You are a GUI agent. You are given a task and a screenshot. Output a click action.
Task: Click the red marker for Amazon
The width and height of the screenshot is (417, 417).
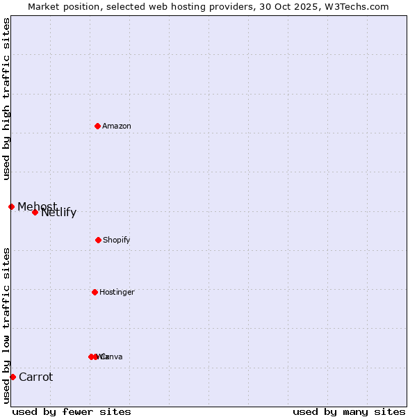(x=97, y=126)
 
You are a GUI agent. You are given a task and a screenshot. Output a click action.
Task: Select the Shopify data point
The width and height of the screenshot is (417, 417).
(x=98, y=240)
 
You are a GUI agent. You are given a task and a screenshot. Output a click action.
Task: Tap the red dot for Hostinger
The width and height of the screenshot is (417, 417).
(x=95, y=292)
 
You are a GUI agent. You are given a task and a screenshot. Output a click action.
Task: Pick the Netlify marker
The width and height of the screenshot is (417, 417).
(x=35, y=212)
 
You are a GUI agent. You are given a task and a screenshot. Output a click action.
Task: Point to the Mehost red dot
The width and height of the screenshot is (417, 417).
(x=11, y=206)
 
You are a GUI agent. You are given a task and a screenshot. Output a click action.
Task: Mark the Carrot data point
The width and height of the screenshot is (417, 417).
(x=13, y=377)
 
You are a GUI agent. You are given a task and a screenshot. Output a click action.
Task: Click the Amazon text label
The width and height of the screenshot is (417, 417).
(x=117, y=126)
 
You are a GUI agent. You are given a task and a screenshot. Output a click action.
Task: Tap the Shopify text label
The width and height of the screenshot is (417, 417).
(x=117, y=240)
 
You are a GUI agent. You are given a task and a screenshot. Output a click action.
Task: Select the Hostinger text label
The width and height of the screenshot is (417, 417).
(x=117, y=292)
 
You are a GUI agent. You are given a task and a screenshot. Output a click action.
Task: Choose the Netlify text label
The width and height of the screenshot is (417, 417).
(x=59, y=213)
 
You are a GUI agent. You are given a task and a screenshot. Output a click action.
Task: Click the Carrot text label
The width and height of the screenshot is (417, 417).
(x=35, y=377)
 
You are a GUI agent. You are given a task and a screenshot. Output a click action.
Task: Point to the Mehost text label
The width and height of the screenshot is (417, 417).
(x=38, y=206)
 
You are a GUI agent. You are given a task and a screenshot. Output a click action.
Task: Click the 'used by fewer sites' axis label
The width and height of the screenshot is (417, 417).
(x=72, y=411)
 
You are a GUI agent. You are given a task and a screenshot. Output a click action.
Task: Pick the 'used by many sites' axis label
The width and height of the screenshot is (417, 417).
(x=349, y=411)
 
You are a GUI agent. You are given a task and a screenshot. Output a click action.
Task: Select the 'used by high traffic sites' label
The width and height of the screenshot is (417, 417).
(x=6, y=99)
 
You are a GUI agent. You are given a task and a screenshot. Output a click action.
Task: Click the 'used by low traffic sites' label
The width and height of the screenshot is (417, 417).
(x=6, y=325)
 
